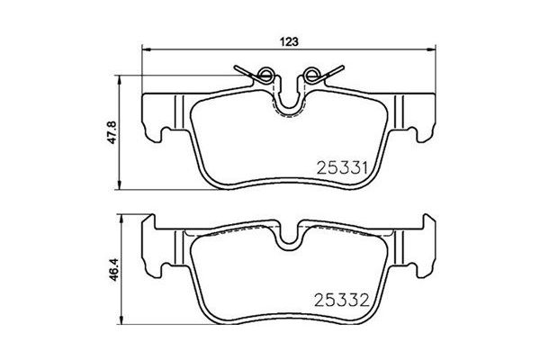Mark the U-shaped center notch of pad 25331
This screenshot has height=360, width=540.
point(289,103)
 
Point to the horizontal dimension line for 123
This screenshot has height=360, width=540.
point(216,52)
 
